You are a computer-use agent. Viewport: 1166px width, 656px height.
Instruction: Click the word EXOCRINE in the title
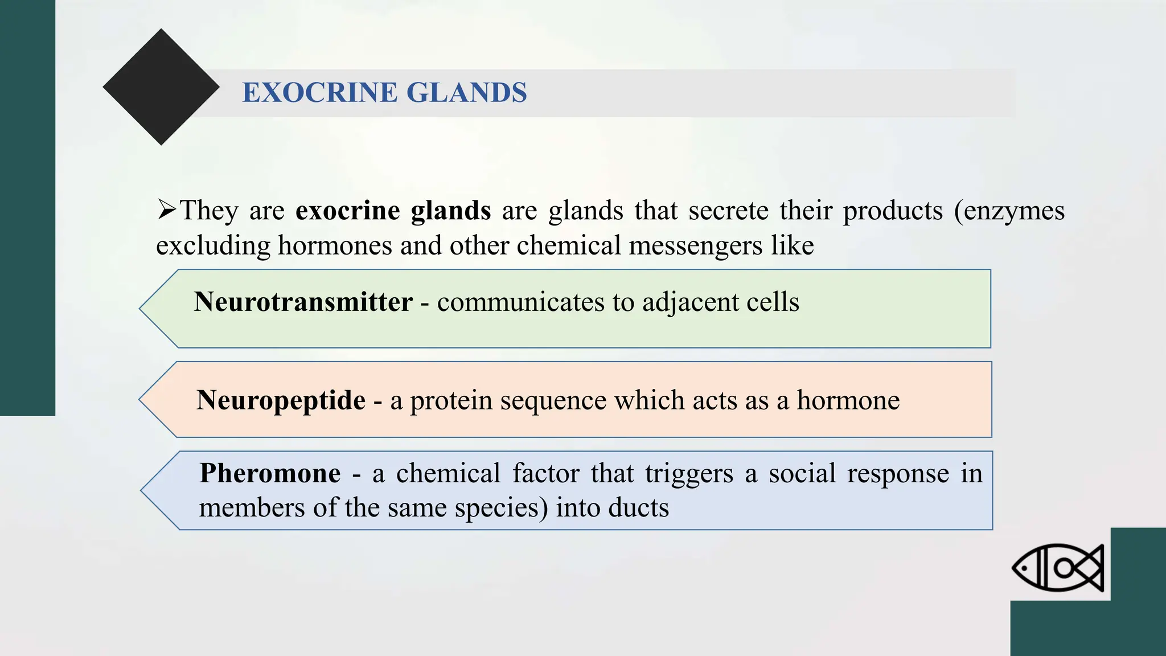(x=319, y=93)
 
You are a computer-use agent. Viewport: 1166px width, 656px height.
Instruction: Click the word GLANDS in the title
(x=467, y=93)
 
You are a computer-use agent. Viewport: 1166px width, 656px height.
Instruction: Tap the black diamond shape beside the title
(x=161, y=87)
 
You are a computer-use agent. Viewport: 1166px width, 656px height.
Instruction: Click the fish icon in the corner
(x=1058, y=567)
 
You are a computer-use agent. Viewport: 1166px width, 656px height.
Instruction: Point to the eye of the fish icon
(x=1024, y=568)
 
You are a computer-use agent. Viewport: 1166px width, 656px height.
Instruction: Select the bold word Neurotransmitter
(x=303, y=302)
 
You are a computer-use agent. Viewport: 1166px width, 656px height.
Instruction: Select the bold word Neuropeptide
(x=281, y=400)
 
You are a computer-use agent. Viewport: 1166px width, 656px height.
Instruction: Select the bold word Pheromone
(x=270, y=473)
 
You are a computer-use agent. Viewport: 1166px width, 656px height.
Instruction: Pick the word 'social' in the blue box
(x=802, y=473)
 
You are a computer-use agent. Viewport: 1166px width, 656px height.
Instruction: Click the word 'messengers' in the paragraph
(x=695, y=246)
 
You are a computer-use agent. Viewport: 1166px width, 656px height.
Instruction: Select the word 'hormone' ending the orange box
(x=848, y=400)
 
